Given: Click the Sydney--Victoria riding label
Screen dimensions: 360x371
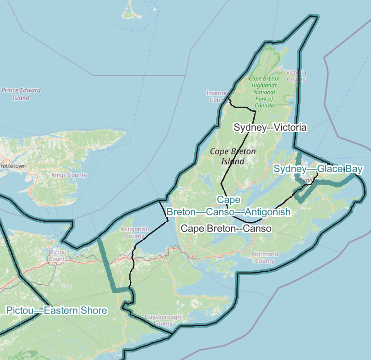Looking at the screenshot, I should (x=270, y=128).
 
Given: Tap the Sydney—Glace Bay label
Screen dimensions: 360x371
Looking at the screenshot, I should (x=318, y=169).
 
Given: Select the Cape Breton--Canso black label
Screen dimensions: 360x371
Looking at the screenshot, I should (x=226, y=228).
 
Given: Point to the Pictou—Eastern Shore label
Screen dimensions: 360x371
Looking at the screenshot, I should (x=56, y=310).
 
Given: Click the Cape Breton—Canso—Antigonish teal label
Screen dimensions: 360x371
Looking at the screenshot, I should (x=229, y=206).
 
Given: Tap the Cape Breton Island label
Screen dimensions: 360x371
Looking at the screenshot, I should (x=233, y=156).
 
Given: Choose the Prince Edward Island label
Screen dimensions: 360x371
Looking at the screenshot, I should (x=21, y=94).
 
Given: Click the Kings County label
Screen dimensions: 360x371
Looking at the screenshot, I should (x=69, y=174).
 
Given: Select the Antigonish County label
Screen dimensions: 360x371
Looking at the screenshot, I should (x=134, y=232).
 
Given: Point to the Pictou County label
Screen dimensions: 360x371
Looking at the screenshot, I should (x=58, y=256).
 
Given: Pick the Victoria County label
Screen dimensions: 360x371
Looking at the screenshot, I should (x=296, y=76).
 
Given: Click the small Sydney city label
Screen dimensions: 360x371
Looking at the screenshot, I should (x=309, y=181).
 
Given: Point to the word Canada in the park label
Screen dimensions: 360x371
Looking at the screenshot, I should (x=264, y=105).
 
